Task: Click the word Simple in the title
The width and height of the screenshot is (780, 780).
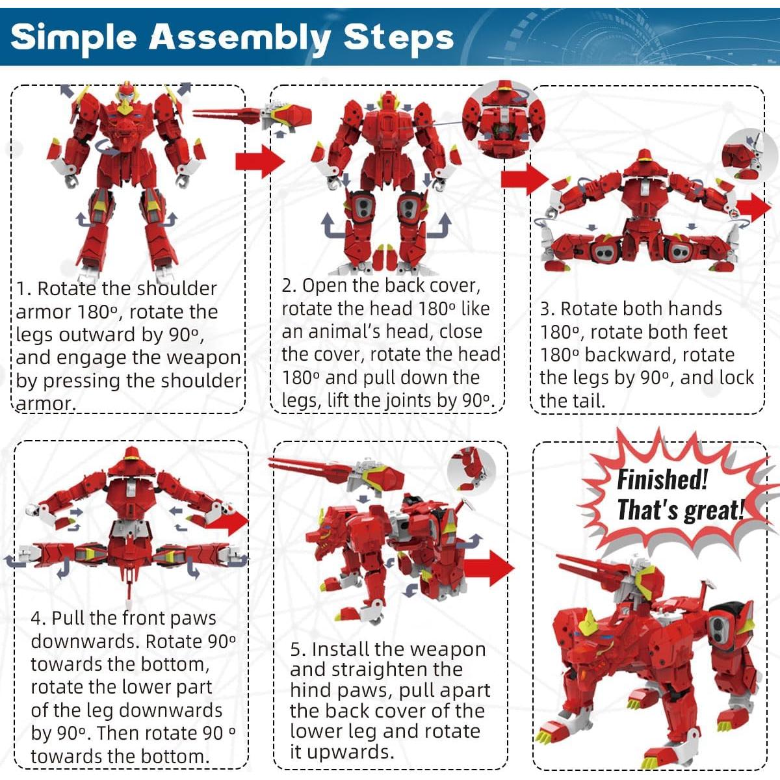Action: tap(73, 38)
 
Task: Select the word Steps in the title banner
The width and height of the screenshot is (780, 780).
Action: tap(398, 38)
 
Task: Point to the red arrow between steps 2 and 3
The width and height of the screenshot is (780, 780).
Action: tap(525, 177)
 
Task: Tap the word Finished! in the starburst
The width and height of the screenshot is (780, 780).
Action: tap(662, 480)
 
